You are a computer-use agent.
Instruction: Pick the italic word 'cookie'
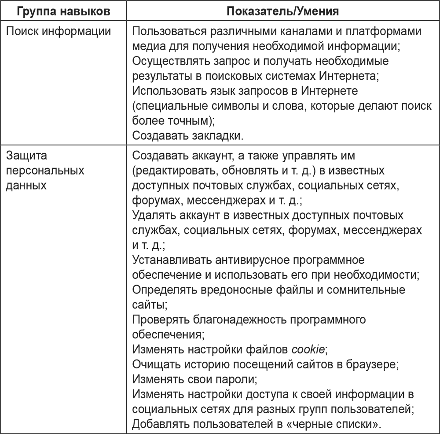[x=308, y=349]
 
